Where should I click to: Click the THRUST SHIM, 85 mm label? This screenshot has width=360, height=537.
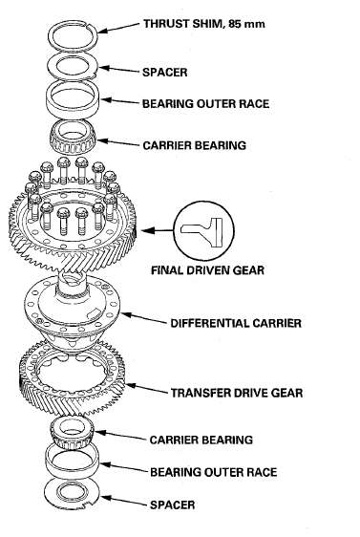click(204, 24)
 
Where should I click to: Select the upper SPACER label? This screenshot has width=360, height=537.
click(165, 73)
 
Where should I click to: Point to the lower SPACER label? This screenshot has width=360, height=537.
click(173, 505)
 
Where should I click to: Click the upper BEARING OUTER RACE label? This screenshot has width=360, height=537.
click(205, 104)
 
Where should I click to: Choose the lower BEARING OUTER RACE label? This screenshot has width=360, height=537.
click(214, 472)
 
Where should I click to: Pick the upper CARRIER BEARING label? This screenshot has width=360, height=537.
click(195, 145)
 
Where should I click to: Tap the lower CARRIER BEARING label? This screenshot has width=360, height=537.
click(201, 440)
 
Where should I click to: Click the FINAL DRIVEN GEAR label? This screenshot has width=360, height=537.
click(208, 270)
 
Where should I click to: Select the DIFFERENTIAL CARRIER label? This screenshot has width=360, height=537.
click(236, 323)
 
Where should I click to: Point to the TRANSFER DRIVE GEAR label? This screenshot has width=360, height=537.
click(237, 393)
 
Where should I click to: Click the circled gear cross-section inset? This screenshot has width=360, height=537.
click(204, 231)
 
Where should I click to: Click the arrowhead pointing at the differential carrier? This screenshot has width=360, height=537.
click(124, 313)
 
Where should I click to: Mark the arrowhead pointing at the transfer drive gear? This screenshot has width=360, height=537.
click(130, 386)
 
